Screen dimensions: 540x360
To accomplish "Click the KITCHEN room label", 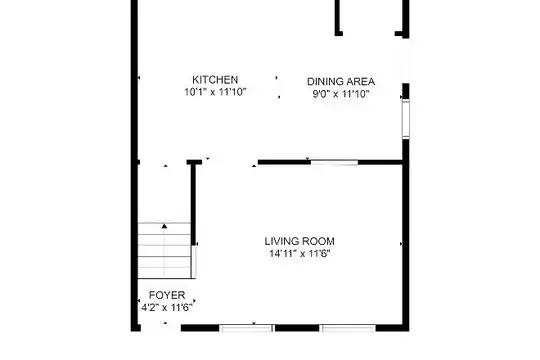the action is tap(215, 80).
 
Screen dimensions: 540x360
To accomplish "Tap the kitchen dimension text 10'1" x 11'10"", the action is tap(215, 92).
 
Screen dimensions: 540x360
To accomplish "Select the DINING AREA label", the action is tap(341, 82).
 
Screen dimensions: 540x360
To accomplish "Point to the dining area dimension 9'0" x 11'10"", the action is tap(341, 94).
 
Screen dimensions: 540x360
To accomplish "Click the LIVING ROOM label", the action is tap(299, 241).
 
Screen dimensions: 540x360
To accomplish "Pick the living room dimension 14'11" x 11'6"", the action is tap(299, 254).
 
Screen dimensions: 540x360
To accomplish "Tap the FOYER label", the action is tap(167, 295).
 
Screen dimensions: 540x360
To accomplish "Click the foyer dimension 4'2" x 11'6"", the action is tap(166, 307).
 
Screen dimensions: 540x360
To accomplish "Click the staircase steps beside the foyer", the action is tap(164, 250).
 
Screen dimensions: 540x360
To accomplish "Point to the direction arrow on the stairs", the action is tap(165, 226).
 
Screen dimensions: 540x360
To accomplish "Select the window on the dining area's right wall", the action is tap(406, 119).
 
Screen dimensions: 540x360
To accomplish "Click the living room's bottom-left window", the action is tap(247, 328).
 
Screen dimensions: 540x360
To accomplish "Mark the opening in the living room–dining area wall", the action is tap(334, 162).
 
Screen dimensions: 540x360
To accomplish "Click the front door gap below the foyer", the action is tap(161, 328).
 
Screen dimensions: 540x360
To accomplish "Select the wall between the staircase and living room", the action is tap(194, 203).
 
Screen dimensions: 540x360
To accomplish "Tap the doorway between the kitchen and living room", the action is tap(230, 162).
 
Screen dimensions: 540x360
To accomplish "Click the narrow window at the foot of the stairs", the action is tap(194, 262).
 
